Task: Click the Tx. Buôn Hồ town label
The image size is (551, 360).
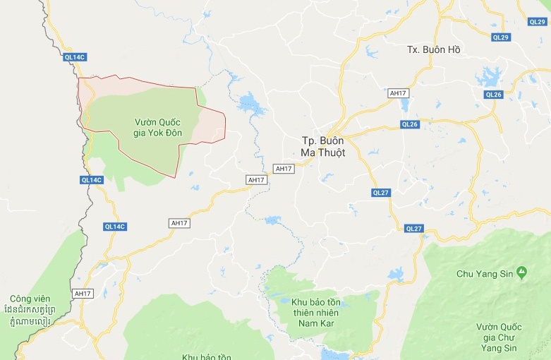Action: tap(433, 49)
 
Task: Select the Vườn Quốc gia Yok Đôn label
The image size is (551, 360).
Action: tap(157, 128)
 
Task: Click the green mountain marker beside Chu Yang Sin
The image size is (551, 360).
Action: tap(521, 272)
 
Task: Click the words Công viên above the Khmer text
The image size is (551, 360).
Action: tap(30, 298)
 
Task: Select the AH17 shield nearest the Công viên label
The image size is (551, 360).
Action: tap(83, 293)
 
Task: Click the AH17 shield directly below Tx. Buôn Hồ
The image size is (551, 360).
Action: tap(399, 93)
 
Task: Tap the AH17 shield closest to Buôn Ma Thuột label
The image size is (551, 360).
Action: tap(284, 169)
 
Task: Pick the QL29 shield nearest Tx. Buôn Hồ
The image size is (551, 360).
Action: tap(500, 37)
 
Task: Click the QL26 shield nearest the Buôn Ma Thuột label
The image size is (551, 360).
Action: tap(409, 124)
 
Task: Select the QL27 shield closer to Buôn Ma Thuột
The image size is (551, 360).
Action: tap(381, 193)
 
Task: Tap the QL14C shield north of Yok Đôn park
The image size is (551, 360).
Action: tap(74, 57)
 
